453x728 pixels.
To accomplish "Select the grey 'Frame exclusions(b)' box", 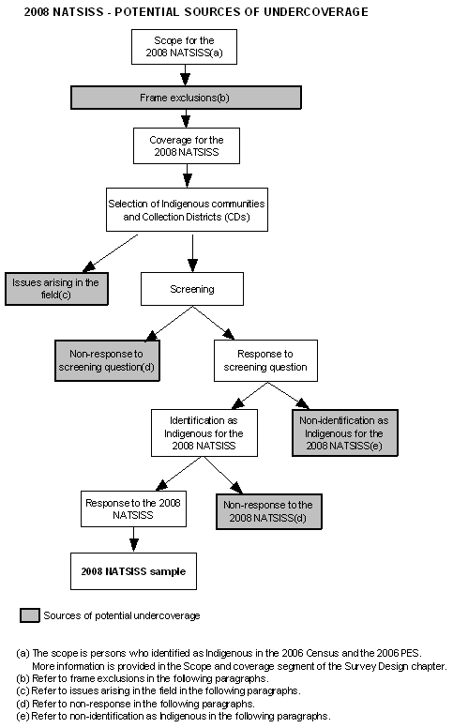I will (x=186, y=98).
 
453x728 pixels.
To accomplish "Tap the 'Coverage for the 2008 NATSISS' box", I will (x=186, y=146).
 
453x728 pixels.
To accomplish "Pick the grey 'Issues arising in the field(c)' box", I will (x=55, y=288).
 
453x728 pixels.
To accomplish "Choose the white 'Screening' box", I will (x=191, y=289).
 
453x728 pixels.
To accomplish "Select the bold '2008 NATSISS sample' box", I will (x=133, y=570).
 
